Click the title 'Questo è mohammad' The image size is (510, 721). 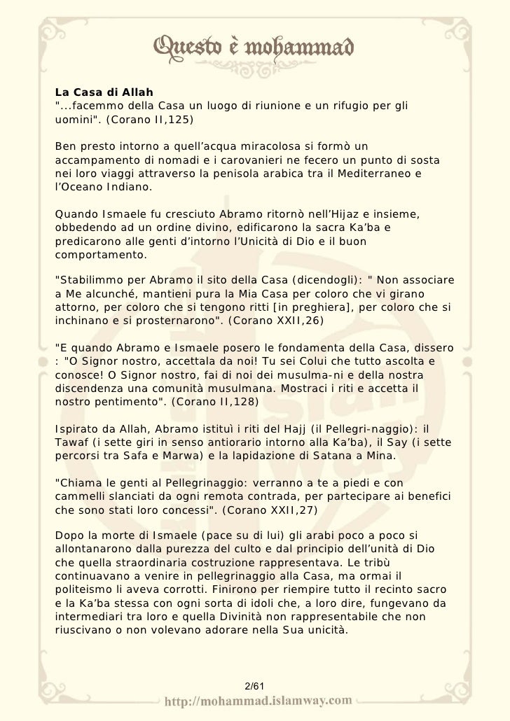click(254, 48)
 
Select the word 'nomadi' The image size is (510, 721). click(200, 159)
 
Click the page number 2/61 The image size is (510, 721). click(254, 683)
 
